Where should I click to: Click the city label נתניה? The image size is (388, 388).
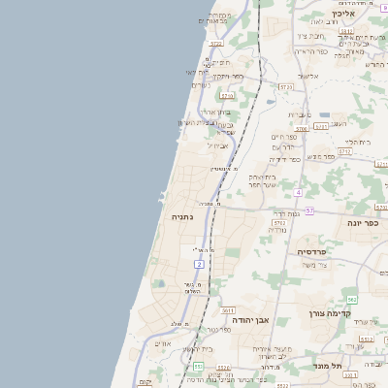tap(181, 217)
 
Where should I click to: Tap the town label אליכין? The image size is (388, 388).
tap(344, 14)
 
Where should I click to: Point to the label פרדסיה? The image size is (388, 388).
tap(312, 251)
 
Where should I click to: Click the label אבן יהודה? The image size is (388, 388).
tap(249, 318)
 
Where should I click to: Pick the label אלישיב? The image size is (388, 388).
tap(308, 76)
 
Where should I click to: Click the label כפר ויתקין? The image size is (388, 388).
tap(228, 76)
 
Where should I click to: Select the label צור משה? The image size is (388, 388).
tap(314, 265)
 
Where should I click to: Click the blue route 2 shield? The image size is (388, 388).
tap(199, 264)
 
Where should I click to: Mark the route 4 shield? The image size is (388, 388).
tap(299, 192)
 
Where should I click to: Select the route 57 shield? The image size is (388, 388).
tap(308, 210)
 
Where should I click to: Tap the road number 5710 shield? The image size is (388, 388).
tap(227, 97)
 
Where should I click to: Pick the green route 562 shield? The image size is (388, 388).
tap(352, 300)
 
